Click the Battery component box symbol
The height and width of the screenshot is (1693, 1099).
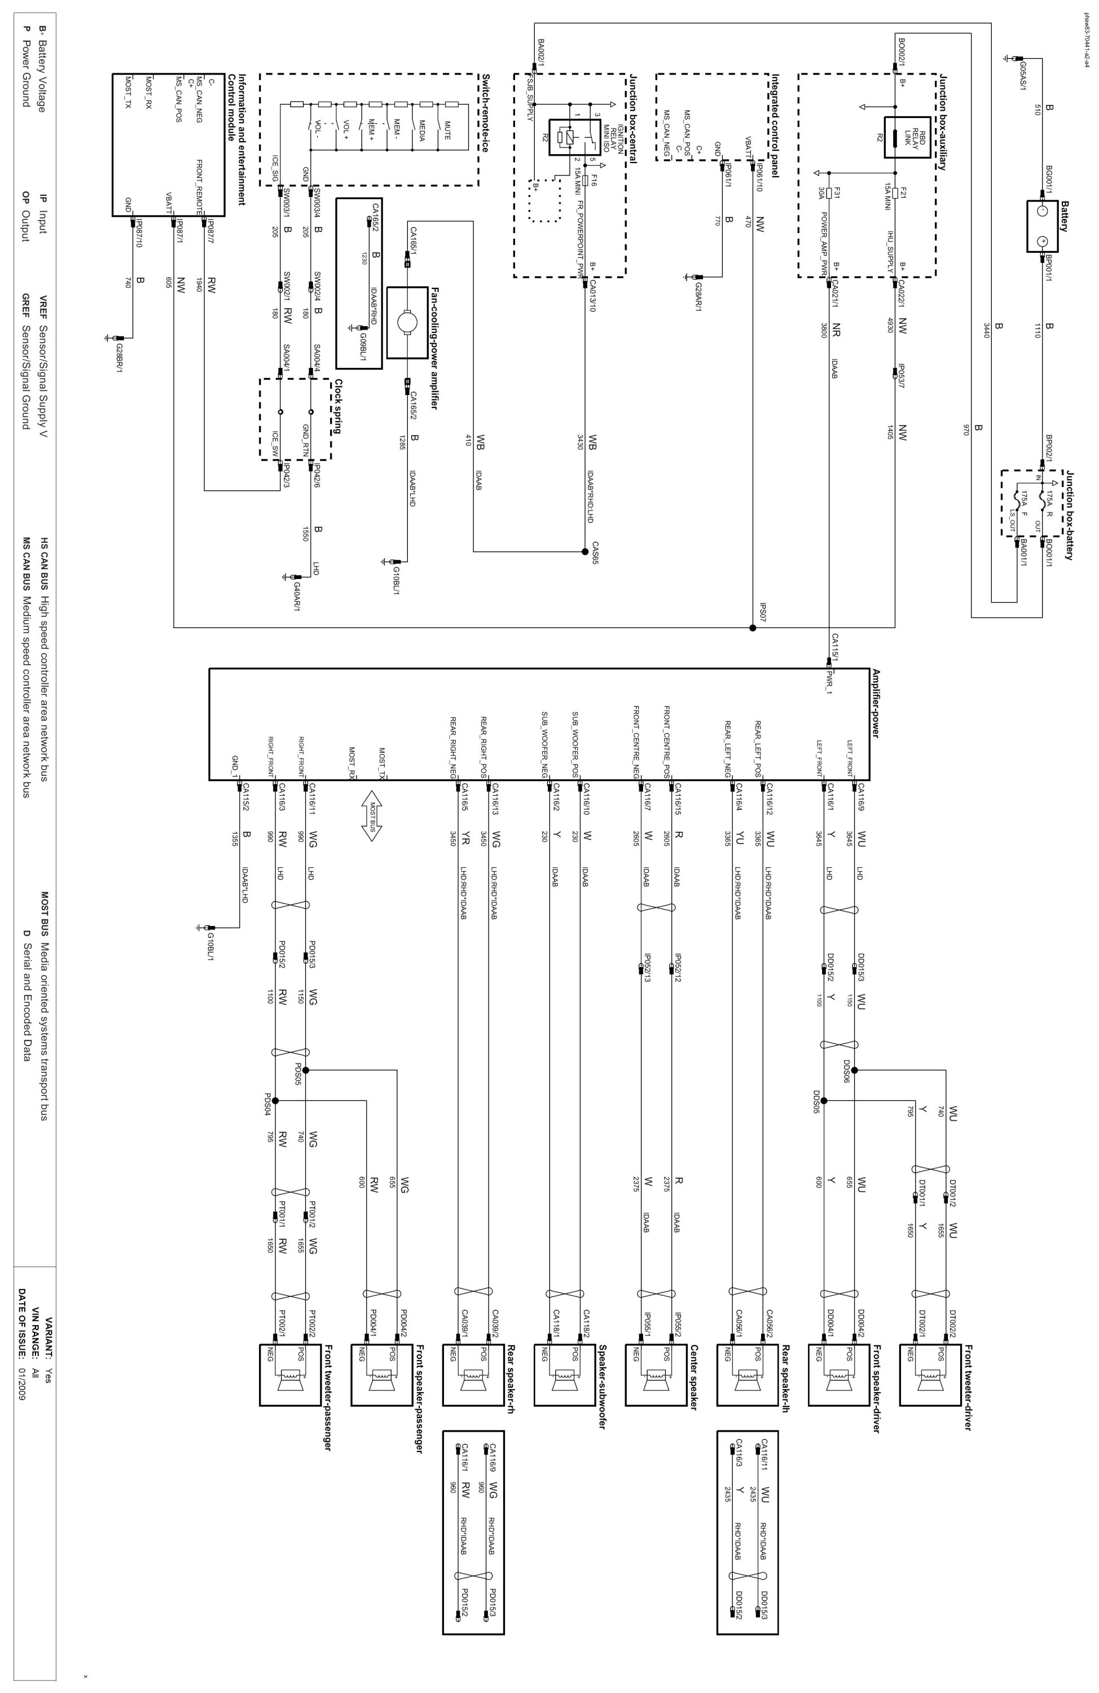[x=1042, y=226]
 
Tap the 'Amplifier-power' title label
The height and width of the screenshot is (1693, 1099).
[x=876, y=704]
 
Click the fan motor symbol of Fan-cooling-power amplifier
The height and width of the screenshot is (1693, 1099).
[x=407, y=322]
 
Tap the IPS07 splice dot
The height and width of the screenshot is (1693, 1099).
[x=752, y=628]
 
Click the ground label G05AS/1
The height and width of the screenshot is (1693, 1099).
[x=1022, y=71]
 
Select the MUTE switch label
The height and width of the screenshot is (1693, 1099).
[x=447, y=131]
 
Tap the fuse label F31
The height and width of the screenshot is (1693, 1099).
[x=838, y=194]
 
